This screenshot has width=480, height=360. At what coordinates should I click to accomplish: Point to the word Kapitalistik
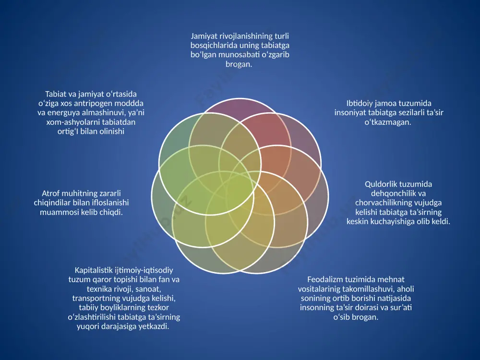pos(94,270)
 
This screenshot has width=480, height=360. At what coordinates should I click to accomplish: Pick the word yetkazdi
pos(154,326)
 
